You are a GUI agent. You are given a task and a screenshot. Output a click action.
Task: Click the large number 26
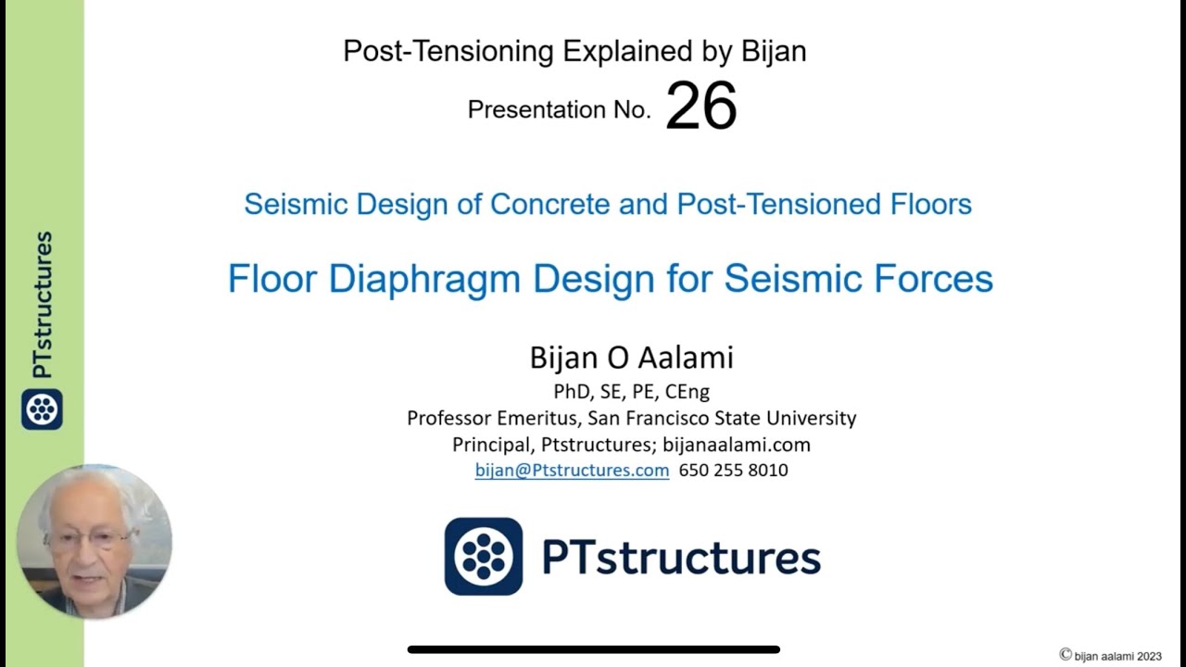pyautogui.click(x=700, y=107)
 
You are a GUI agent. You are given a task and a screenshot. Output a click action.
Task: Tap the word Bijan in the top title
pyautogui.click(x=774, y=52)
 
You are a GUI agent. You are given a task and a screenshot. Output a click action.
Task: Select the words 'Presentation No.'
pyautogui.click(x=559, y=110)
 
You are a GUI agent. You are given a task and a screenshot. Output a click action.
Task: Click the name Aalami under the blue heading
pyautogui.click(x=687, y=358)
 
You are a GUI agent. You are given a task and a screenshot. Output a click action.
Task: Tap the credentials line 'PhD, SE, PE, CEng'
pyautogui.click(x=631, y=392)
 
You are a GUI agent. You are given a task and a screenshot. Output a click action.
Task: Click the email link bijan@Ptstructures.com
pyautogui.click(x=572, y=471)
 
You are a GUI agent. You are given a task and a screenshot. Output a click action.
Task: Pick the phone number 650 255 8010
pyautogui.click(x=733, y=471)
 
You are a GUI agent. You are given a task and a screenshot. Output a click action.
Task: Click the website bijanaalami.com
pyautogui.click(x=737, y=445)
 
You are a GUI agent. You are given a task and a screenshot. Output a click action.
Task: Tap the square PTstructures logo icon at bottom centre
pyautogui.click(x=483, y=556)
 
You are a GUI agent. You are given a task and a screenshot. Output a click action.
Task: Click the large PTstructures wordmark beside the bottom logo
pyautogui.click(x=681, y=557)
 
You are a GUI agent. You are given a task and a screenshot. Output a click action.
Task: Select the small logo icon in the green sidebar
pyautogui.click(x=42, y=409)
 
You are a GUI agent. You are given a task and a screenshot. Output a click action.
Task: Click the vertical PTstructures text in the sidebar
pyautogui.click(x=42, y=305)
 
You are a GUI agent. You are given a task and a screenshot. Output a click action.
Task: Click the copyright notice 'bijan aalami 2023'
pyautogui.click(x=1117, y=656)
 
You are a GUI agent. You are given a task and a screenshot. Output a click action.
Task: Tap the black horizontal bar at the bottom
pyautogui.click(x=593, y=649)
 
